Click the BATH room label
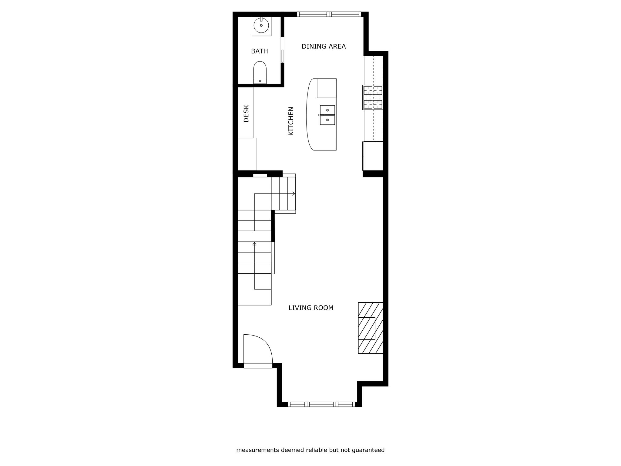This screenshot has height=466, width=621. point(259,51)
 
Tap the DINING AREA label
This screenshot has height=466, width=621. point(324,46)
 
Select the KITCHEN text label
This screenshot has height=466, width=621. point(291,121)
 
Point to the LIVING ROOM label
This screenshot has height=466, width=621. point(311,308)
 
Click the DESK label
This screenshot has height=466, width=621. point(246,113)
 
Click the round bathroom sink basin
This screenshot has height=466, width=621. point(261,25)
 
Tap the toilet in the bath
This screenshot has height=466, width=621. point(260,73)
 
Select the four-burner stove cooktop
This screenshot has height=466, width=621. point(373,97)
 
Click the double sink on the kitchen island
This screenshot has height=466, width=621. point(327,115)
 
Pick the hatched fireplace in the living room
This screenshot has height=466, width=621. point(371,328)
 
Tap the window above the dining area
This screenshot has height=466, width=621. point(329,14)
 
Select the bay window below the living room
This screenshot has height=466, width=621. point(321,404)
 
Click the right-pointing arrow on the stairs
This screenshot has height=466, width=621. point(293,194)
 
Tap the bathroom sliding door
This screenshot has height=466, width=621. point(283,56)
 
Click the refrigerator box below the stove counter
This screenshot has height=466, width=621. point(373,156)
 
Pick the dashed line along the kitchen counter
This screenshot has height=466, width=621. point(374,99)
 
